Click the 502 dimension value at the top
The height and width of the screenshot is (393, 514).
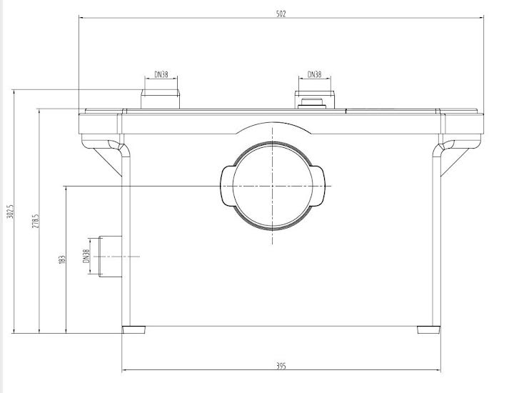tap(281, 14)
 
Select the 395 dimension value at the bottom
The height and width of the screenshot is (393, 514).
tap(281, 366)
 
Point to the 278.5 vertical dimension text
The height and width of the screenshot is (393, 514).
tap(35, 221)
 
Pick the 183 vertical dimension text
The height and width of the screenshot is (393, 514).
tap(62, 258)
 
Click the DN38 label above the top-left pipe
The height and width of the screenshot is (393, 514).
tap(161, 74)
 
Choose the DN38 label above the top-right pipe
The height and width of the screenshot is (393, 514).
tap(314, 74)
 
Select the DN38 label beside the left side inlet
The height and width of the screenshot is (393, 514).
tap(86, 256)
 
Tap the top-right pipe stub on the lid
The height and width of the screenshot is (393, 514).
tap(314, 99)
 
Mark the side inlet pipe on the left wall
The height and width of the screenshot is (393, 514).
tap(109, 256)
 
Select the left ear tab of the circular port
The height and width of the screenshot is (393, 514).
tap(228, 186)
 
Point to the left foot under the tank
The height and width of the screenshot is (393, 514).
tap(133, 330)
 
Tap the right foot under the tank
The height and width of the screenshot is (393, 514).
tap(428, 330)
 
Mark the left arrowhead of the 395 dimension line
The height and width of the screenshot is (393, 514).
tap(125, 371)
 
